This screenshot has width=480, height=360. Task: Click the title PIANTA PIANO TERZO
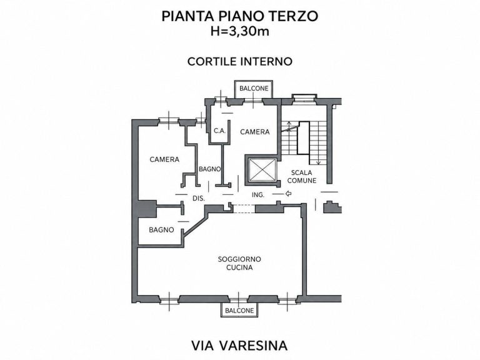tap(240, 16)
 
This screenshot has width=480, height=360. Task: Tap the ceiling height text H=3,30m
tap(240, 31)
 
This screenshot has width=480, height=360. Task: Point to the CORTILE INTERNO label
tap(240, 61)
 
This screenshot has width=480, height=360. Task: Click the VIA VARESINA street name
tap(240, 345)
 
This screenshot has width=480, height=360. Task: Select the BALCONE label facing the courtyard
tap(254, 89)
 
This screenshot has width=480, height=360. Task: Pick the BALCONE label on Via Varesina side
tap(239, 311)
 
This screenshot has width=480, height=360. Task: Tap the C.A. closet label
tap(219, 131)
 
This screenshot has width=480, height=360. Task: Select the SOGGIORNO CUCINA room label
tap(239, 263)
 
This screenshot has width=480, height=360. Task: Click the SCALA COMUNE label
tap(301, 177)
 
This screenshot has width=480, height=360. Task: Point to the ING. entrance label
tap(257, 195)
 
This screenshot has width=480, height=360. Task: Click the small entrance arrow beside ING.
tap(288, 194)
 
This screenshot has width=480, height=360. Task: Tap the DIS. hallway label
tap(198, 198)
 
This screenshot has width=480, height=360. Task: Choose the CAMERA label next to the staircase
tap(255, 132)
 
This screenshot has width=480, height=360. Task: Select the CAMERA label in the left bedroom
tap(164, 159)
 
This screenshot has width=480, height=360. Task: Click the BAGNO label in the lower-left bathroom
tap(161, 230)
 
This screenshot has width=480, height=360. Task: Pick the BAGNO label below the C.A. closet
tap(210, 169)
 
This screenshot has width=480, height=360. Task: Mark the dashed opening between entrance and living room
tap(244, 209)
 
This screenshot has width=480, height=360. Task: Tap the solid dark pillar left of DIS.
tap(147, 209)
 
